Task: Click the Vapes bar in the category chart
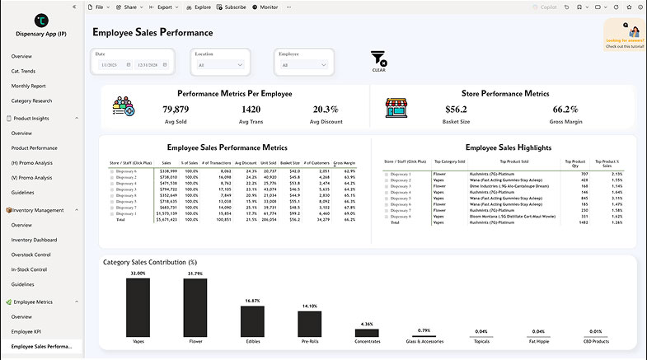pos(138,306)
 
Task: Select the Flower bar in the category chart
pos(195,306)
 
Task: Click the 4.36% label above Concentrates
pos(367,324)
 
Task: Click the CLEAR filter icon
pos(378,60)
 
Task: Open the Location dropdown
pos(218,64)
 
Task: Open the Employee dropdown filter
pos(304,64)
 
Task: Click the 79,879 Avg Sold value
pos(176,110)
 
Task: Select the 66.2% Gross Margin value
pos(565,110)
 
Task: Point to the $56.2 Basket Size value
pos(456,110)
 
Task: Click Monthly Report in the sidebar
pos(28,86)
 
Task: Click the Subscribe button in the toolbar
pos(231,7)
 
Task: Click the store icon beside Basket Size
pos(397,108)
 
